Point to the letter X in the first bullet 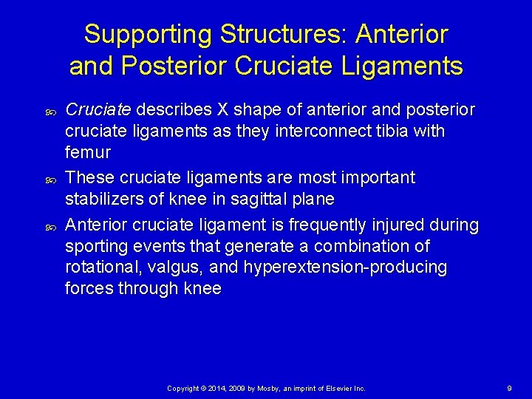(x=222, y=110)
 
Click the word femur (x=88, y=153)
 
